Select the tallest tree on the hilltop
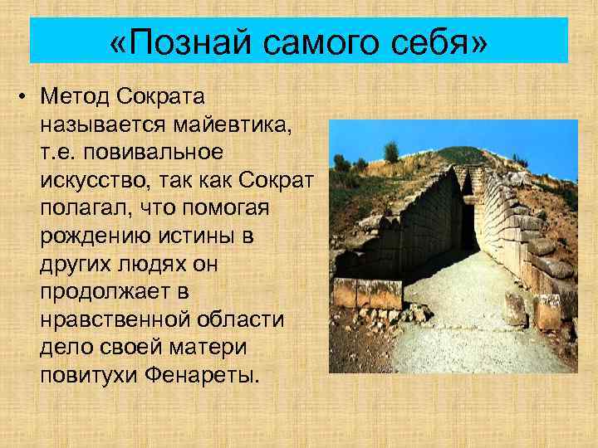(391, 152)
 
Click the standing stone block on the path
(515, 308)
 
